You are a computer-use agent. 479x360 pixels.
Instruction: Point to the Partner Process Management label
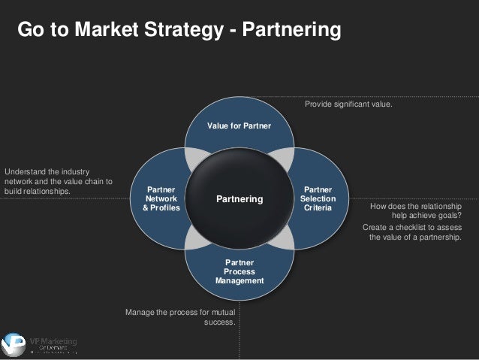click(239, 271)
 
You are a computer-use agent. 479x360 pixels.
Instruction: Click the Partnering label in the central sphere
click(239, 199)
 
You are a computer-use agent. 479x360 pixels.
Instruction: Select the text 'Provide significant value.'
click(348, 104)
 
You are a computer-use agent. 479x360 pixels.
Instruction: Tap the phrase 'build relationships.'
click(38, 190)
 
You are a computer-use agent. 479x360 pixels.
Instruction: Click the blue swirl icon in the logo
click(13, 345)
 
